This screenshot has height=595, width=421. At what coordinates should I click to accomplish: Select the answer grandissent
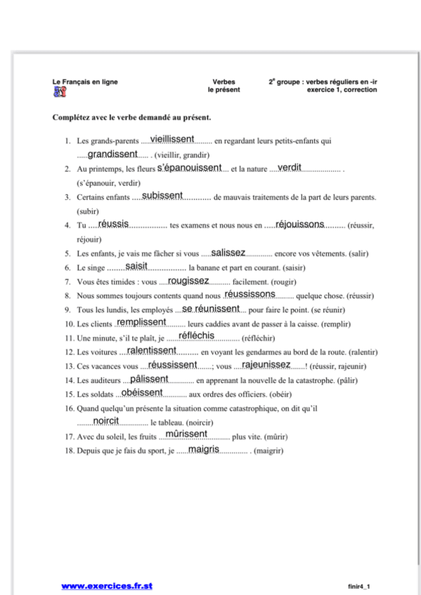point(112,154)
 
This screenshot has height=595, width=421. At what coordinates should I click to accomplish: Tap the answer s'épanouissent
point(189,168)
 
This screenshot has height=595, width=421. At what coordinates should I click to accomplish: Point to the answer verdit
point(290,168)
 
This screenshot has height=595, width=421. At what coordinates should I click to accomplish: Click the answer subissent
point(162,196)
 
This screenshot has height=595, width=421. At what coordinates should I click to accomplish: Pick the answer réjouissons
point(299,224)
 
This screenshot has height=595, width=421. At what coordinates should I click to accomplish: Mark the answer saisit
point(136,266)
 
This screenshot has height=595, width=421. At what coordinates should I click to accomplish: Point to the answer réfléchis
point(197,336)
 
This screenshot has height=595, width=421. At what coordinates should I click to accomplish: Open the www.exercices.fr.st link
point(107,585)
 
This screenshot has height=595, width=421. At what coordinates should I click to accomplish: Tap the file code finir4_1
point(358,586)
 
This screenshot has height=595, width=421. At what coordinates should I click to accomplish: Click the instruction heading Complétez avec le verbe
point(131,117)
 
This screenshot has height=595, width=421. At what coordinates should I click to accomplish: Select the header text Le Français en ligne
point(85,82)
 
